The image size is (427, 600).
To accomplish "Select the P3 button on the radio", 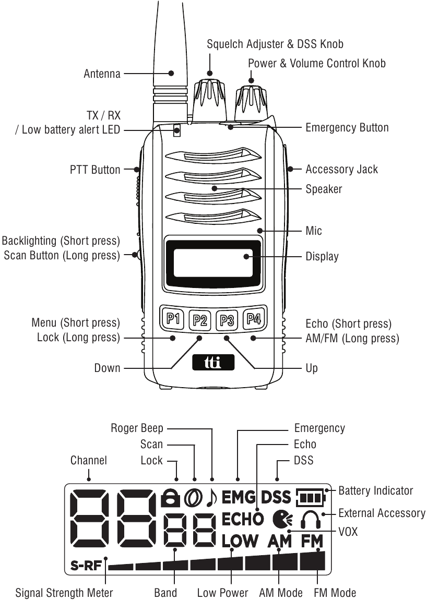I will tap(227, 318).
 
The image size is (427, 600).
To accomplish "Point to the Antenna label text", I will tap(102, 74).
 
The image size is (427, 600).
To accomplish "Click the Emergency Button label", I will tap(347, 127).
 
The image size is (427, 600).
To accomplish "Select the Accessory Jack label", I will tap(341, 169).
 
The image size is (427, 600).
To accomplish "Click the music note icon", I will tap(211, 498).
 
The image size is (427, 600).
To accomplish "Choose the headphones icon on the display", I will tap(310, 519).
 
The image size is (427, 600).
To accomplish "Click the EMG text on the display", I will tap(239, 498).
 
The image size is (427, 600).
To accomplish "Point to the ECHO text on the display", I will tap(243, 520).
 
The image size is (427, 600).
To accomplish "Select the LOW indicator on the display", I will tap(240, 541).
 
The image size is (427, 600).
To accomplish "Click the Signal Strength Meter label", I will tap(64, 593).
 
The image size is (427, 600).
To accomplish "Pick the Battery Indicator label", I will tap(375, 490).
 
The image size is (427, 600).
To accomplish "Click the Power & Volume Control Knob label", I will tap(317, 64).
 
